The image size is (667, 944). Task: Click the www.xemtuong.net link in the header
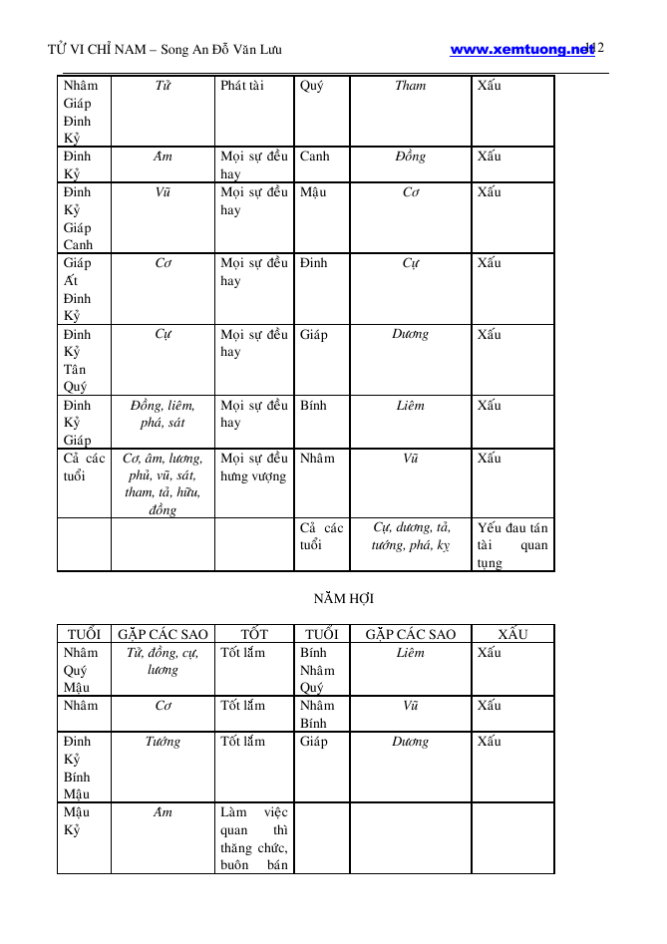click(x=520, y=49)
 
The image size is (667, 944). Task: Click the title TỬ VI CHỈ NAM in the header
click(x=96, y=50)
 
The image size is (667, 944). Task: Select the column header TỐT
click(x=253, y=634)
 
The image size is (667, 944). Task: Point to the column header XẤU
click(x=511, y=634)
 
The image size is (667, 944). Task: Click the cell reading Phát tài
click(x=242, y=86)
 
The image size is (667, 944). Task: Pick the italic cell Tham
click(x=410, y=86)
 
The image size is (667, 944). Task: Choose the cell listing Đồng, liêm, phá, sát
click(x=163, y=414)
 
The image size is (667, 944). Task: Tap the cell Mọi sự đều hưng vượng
click(x=253, y=468)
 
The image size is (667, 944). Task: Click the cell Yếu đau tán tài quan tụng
click(x=511, y=544)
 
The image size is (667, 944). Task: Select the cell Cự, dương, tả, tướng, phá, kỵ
click(x=410, y=536)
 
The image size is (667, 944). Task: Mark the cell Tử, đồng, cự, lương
click(x=163, y=661)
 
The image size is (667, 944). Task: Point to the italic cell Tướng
click(x=163, y=742)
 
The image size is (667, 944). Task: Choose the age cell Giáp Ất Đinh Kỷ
click(x=77, y=289)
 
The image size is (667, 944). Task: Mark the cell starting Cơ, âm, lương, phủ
click(x=163, y=483)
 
